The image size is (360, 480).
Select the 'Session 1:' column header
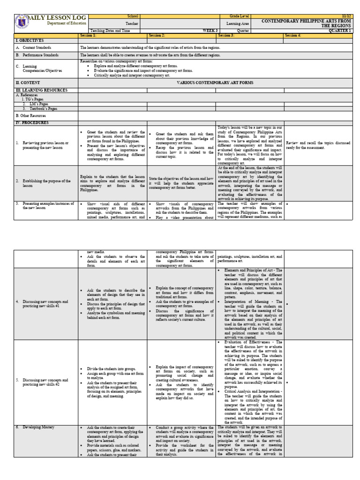pos(88,35)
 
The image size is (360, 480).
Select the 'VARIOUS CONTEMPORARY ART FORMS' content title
pos(215,82)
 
